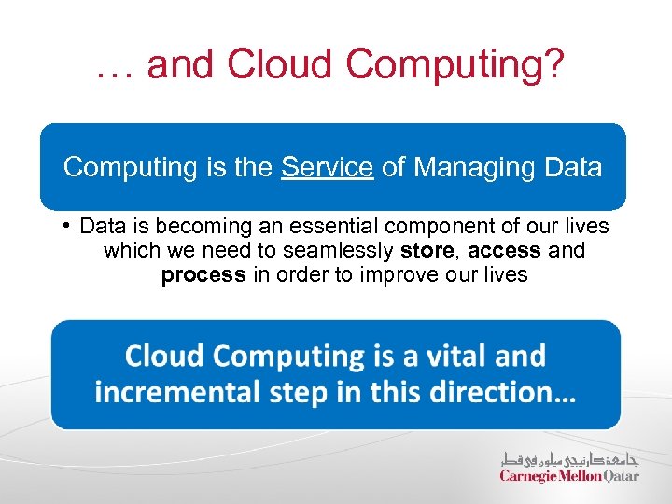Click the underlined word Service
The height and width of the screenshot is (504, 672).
pyautogui.click(x=328, y=168)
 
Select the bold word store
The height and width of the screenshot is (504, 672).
pyautogui.click(x=428, y=250)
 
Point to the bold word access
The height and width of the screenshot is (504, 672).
pyautogui.click(x=505, y=250)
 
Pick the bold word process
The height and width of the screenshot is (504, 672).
pyautogui.click(x=203, y=275)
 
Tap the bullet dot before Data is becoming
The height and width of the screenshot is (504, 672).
pyautogui.click(x=68, y=226)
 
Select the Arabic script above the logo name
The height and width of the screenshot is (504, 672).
pyautogui.click(x=569, y=458)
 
